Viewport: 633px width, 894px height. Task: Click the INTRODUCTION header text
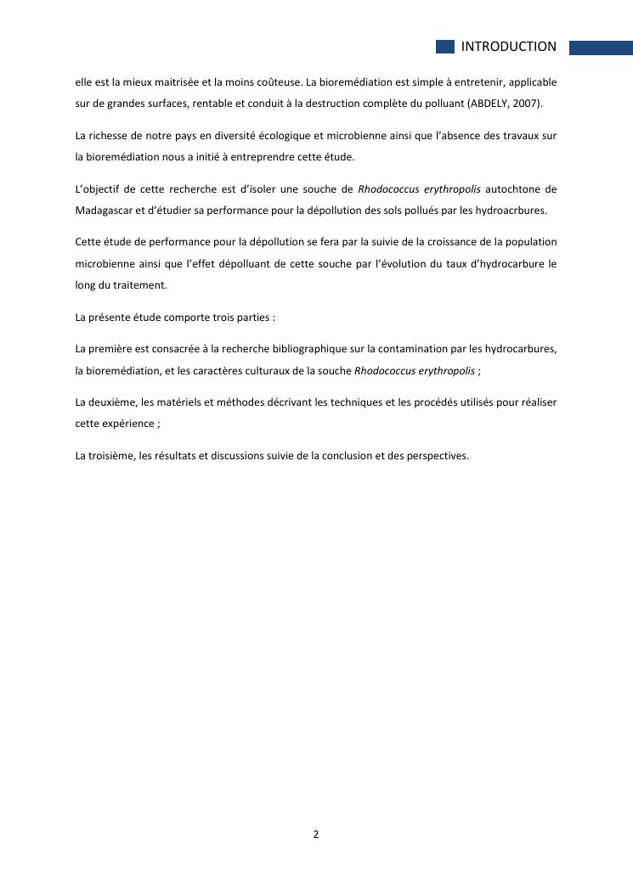(x=508, y=47)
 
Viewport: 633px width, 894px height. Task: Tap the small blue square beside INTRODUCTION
(x=445, y=47)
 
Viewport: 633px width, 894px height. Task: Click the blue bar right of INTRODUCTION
(x=600, y=48)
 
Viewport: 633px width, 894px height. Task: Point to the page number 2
(x=316, y=835)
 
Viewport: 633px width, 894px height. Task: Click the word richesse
(x=110, y=135)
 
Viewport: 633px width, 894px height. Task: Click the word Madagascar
(x=103, y=210)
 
